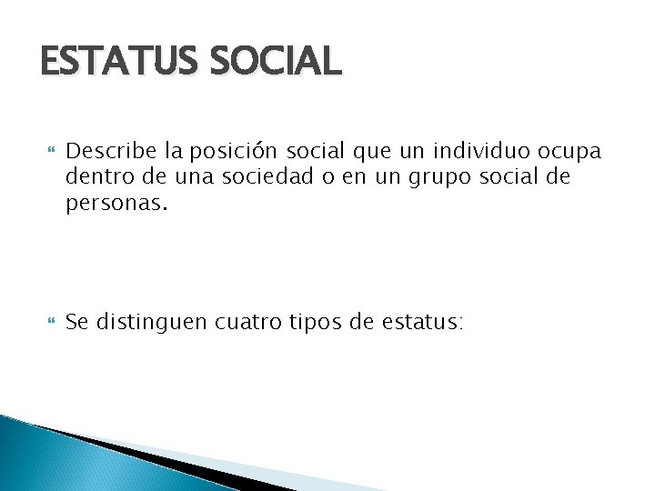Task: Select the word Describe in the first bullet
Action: coord(108,149)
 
